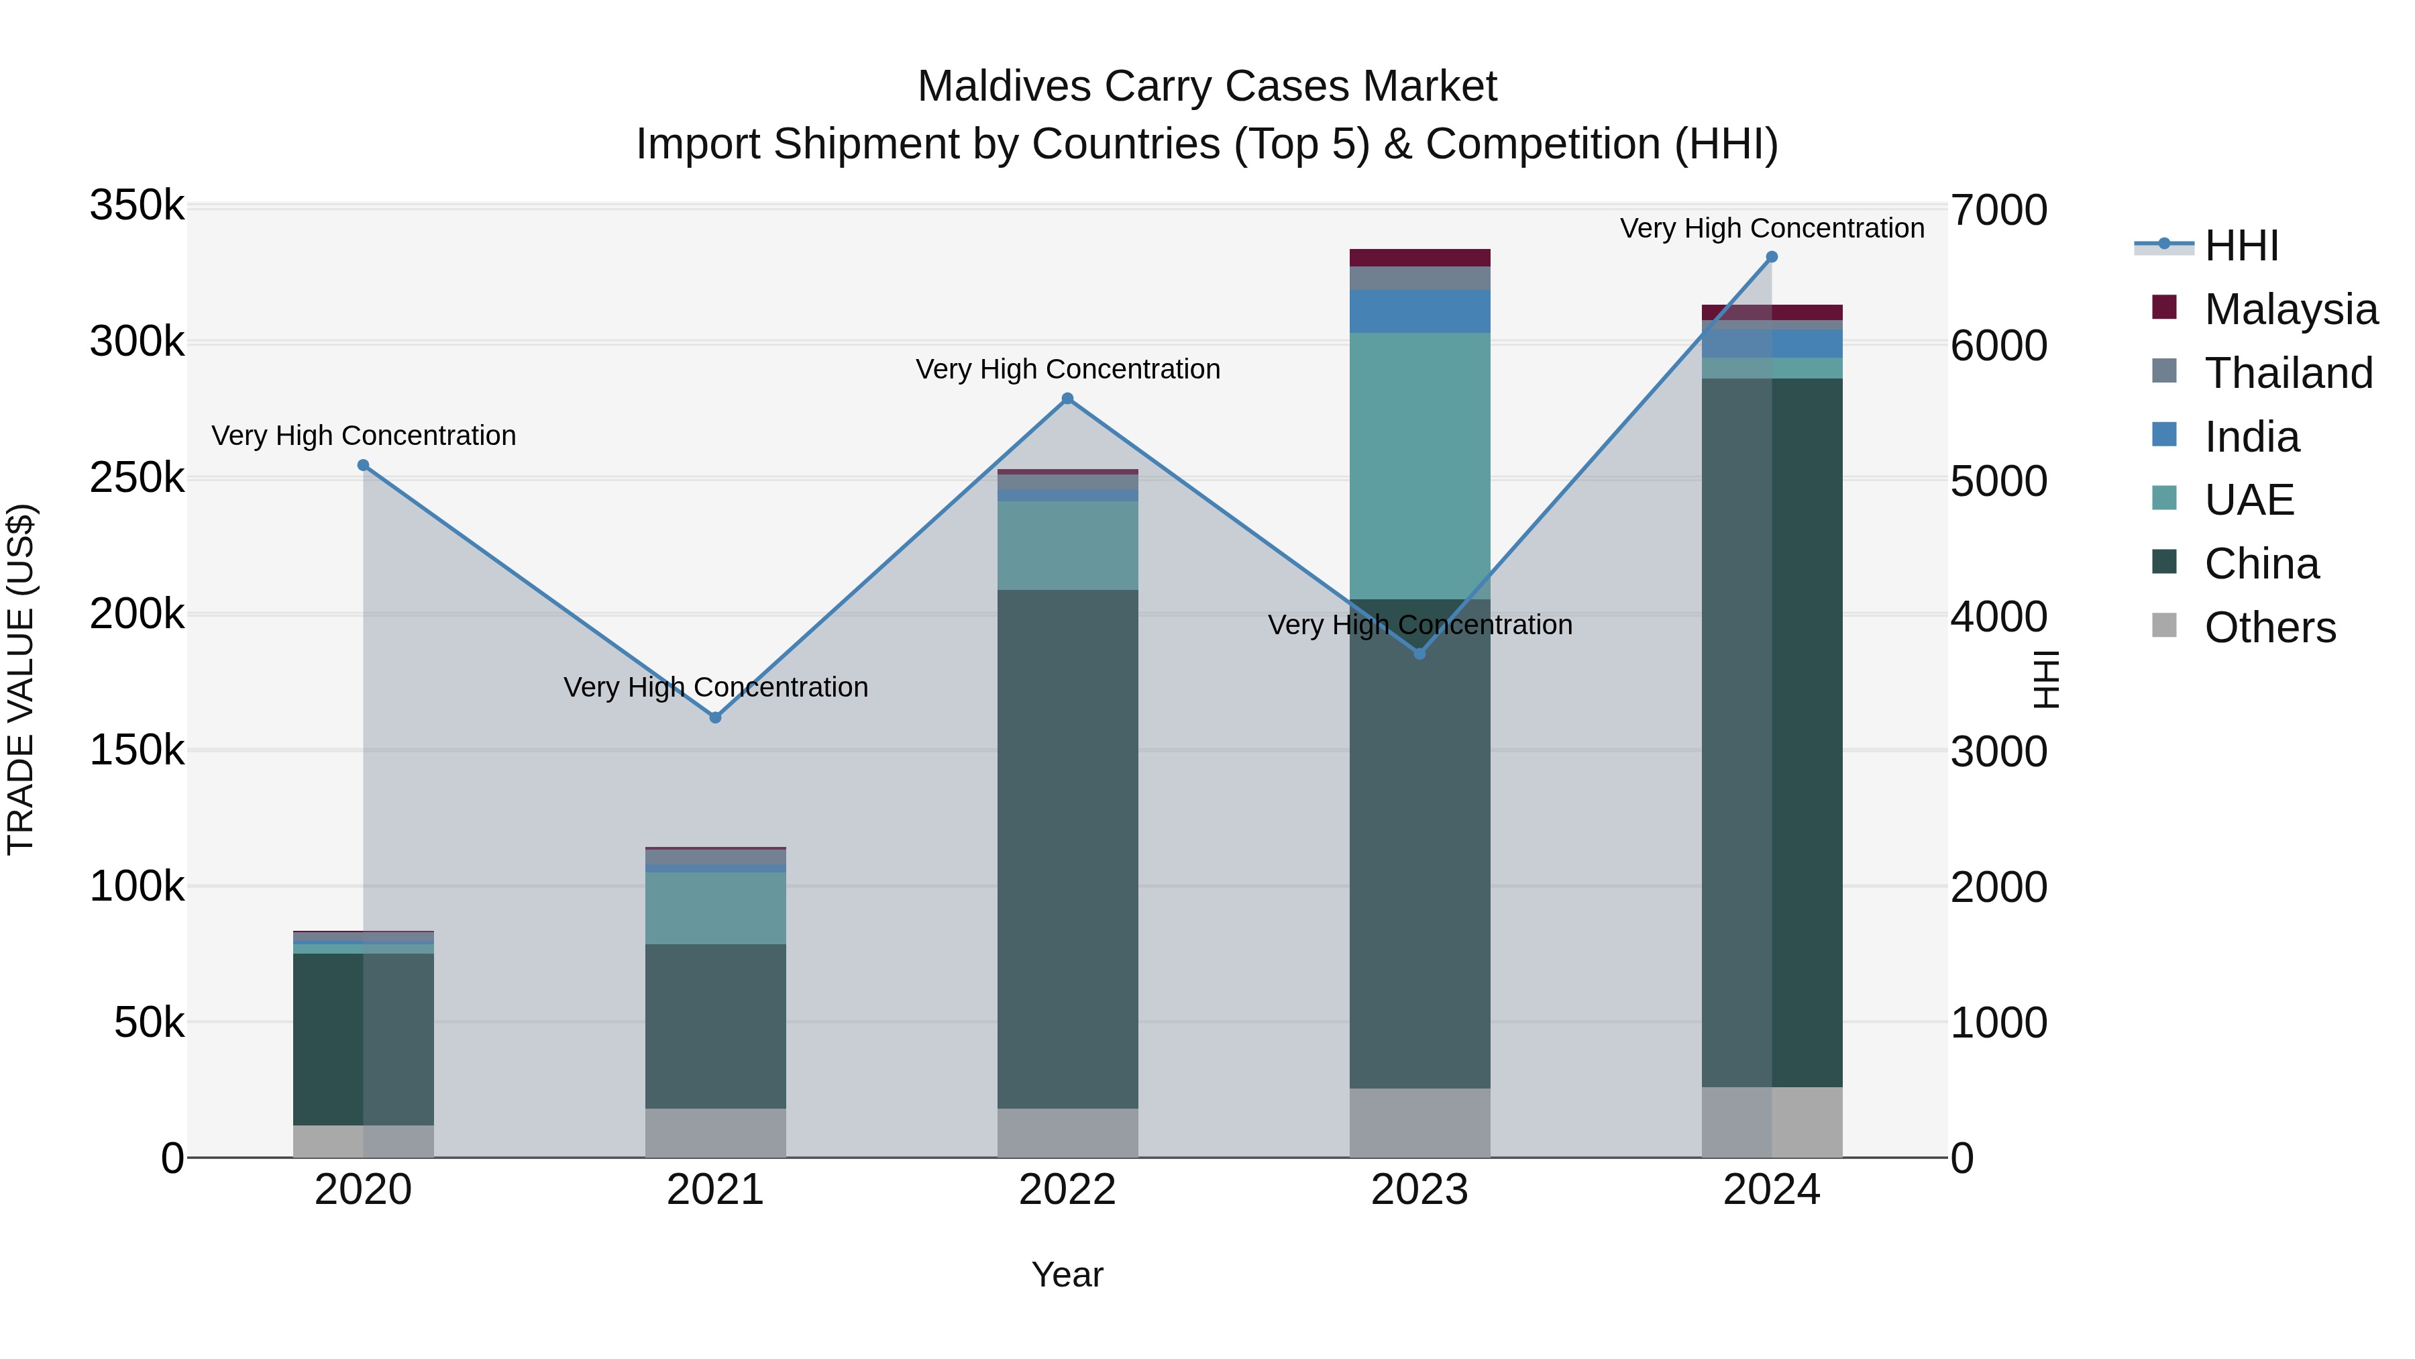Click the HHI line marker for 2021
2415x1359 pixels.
[x=715, y=717]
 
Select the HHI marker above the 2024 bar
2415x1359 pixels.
[x=1771, y=257]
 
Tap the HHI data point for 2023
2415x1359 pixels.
[x=1419, y=654]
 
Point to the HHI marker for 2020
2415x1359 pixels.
[x=364, y=465]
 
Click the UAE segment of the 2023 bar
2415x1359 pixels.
[x=1419, y=466]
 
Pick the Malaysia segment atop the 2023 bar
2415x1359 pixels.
[x=1419, y=258]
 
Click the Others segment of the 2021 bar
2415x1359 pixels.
[x=715, y=1133]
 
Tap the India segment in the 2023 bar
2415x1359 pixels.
[x=1419, y=311]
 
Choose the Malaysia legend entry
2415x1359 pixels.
[x=2290, y=309]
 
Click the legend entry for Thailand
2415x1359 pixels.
[x=2288, y=373]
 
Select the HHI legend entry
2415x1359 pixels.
[x=2241, y=246]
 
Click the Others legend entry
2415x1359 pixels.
[x=2269, y=627]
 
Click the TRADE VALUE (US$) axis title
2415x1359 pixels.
[x=21, y=679]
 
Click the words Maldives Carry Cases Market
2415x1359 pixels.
[x=1207, y=87]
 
